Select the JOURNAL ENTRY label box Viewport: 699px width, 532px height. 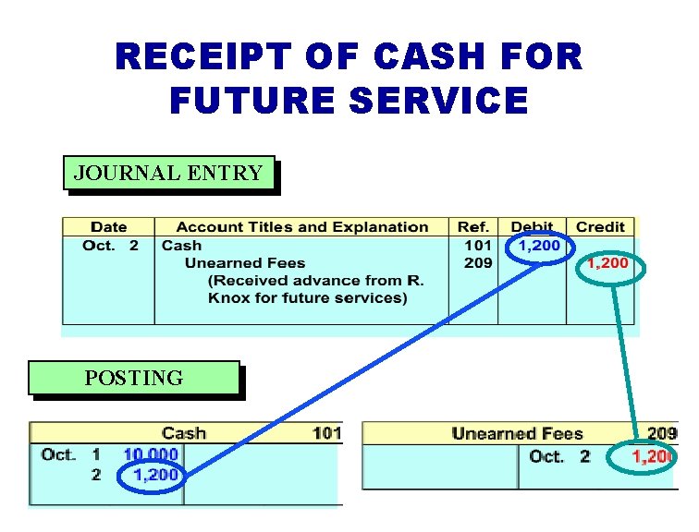tap(168, 173)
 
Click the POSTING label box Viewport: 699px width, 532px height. tap(133, 378)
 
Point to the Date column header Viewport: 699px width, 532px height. tap(108, 227)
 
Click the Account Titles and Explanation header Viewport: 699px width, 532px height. tap(301, 227)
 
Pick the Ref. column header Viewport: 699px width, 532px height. tap(472, 227)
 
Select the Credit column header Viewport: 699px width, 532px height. tap(600, 227)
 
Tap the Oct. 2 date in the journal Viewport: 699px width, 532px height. tap(110, 246)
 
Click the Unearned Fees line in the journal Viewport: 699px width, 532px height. tap(244, 263)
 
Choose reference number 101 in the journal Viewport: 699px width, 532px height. tap(477, 246)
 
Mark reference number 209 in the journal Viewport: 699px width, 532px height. tap(477, 263)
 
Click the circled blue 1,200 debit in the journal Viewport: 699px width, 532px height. tap(539, 246)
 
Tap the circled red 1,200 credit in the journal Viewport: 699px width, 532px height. tap(607, 264)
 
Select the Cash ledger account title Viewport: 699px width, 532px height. tap(183, 433)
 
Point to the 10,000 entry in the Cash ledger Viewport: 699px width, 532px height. tap(151, 454)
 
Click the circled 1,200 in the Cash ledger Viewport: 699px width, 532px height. tap(153, 476)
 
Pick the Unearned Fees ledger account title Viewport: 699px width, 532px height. tap(517, 433)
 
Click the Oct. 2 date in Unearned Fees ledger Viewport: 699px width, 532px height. tap(558, 457)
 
